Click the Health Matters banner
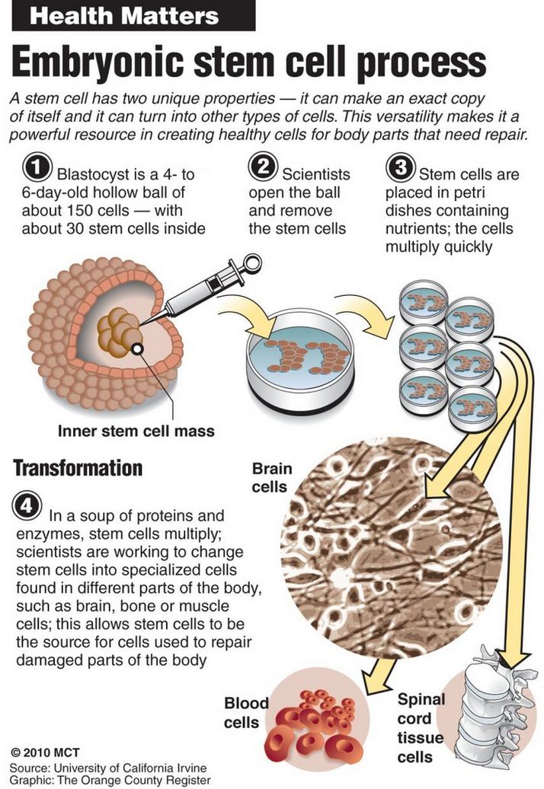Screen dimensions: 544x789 tap(133, 16)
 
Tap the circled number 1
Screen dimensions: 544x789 tap(37, 167)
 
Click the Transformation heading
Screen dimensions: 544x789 tap(78, 468)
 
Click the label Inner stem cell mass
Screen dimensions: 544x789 tap(136, 431)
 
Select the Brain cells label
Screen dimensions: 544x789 tap(271, 478)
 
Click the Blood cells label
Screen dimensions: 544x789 tap(245, 712)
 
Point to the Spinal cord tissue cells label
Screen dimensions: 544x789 tap(421, 727)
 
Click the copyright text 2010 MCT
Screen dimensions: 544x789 tap(45, 752)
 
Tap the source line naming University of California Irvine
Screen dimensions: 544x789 tap(108, 768)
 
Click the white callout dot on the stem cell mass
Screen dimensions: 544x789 tap(137, 348)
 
